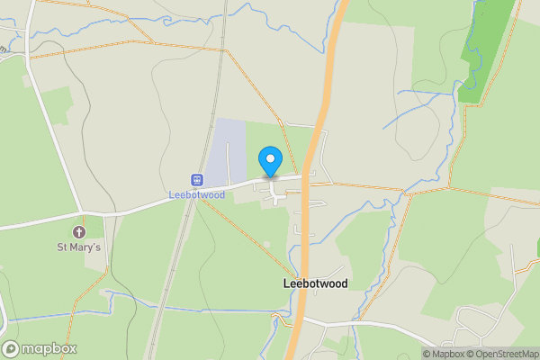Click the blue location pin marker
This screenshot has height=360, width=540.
(270, 162)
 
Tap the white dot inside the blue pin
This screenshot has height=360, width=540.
(270, 159)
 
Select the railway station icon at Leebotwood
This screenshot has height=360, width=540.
(195, 180)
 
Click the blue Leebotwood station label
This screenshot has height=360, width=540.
(195, 194)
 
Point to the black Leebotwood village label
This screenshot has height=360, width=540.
(315, 283)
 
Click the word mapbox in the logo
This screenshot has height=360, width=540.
(50, 349)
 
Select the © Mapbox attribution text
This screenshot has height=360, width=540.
(443, 354)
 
